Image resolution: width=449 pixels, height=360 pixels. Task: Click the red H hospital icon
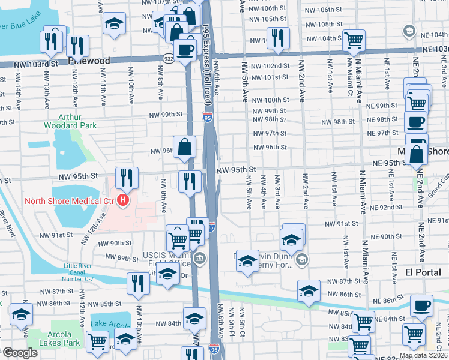point(123,200)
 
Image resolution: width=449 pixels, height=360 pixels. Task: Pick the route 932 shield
point(169,57)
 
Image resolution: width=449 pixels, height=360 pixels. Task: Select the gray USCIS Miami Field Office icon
point(199,259)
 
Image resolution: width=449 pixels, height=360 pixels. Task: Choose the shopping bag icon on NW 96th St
point(185,146)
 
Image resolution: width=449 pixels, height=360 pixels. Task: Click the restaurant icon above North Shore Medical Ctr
point(127,177)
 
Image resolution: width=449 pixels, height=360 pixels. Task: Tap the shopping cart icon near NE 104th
point(354,40)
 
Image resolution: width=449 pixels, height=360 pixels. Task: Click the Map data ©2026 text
point(423,355)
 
